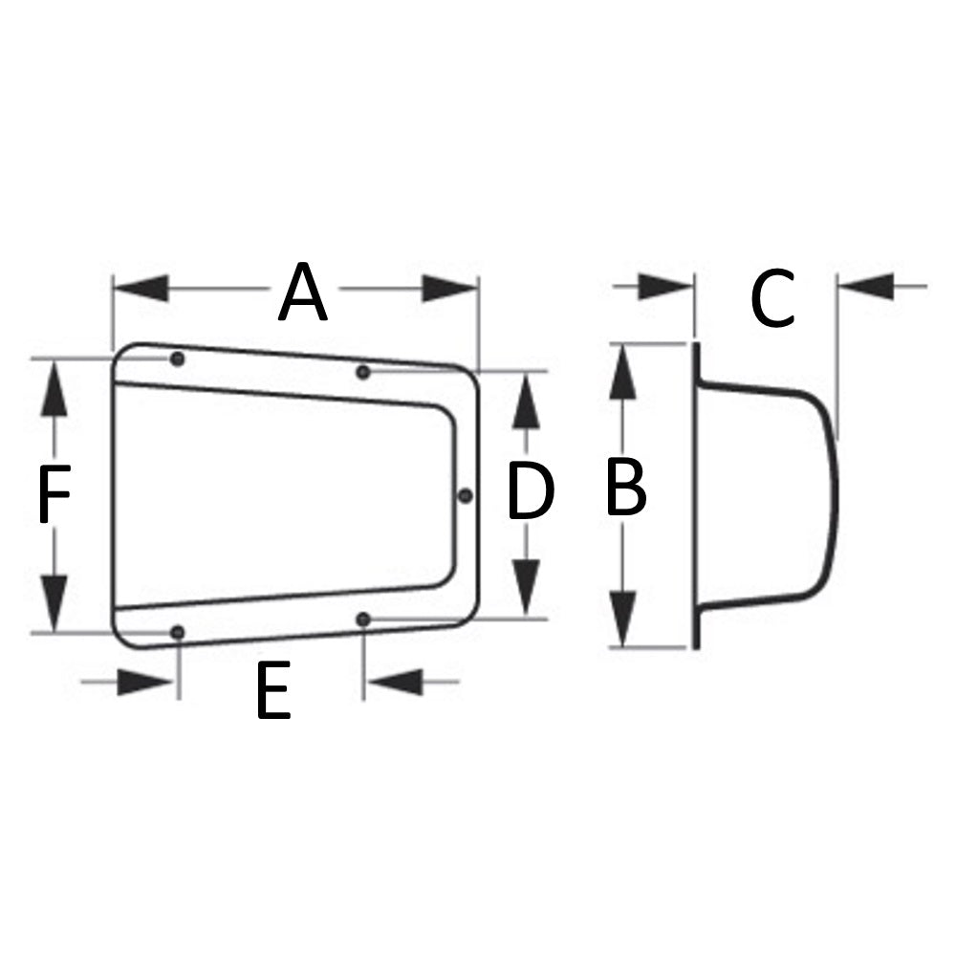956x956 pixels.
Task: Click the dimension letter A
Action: click(303, 293)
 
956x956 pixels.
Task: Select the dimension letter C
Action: click(772, 299)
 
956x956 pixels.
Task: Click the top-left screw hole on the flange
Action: click(177, 359)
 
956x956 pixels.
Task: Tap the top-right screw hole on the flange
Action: click(363, 371)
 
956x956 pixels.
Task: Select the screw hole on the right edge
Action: click(465, 495)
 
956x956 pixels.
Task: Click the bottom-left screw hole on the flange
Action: click(177, 632)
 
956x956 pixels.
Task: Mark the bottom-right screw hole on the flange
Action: click(363, 619)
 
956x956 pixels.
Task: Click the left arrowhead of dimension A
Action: click(141, 288)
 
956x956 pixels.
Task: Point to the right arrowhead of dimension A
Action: click(450, 288)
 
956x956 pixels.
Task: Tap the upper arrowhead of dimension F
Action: click(54, 387)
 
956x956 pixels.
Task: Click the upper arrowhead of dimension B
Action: click(624, 373)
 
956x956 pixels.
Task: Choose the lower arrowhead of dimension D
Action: click(526, 589)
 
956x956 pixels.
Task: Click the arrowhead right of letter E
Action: click(394, 682)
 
